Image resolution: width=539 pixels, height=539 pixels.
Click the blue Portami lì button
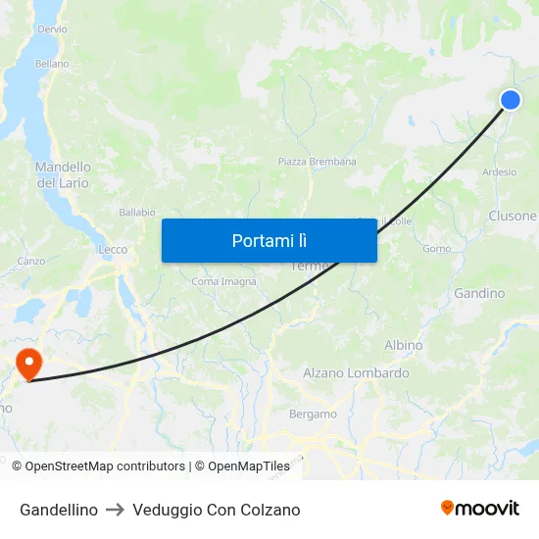pos(269,240)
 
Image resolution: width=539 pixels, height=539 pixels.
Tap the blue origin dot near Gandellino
pos(511,100)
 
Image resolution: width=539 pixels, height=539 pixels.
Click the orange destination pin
pos(29,364)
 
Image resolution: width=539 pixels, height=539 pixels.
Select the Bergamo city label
pos(313,415)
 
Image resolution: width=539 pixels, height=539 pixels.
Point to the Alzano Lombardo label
pos(356,373)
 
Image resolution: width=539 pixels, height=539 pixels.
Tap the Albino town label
pos(404,346)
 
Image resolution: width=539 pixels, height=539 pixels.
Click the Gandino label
pos(479,293)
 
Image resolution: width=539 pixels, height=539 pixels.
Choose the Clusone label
pos(513,216)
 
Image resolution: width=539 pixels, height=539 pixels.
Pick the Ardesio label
pos(500,171)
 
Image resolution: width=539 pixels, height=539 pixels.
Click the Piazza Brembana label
pos(317,162)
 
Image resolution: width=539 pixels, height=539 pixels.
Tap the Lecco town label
pos(113,250)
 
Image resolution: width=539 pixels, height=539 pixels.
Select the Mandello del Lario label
pos(63,175)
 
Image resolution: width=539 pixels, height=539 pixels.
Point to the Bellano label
pos(52,64)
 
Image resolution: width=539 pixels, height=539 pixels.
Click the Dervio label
pos(52,29)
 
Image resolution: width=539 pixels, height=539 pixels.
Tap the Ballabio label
pos(137,213)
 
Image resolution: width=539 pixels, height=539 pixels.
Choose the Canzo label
pos(31,262)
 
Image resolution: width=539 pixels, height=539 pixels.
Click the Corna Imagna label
pos(224,282)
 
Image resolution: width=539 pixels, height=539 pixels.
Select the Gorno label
pos(436,249)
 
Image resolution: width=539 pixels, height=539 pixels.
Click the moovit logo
pos(480,509)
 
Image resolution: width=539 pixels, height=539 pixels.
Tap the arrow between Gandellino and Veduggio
pos(115,510)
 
